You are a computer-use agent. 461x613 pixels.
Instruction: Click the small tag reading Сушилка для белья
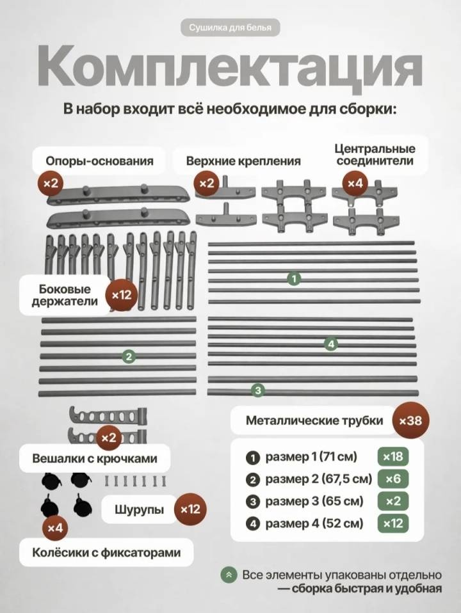point(230,28)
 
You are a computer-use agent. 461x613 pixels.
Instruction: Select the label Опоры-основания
point(99,161)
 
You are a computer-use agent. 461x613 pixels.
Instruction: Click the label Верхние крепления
point(243,161)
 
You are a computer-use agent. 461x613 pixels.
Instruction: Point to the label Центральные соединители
point(375,154)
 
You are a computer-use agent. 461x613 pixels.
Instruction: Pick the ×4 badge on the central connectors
point(355,182)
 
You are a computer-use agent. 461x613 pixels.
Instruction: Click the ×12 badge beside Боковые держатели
point(122,295)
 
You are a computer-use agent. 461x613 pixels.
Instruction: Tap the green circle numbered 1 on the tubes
point(294,279)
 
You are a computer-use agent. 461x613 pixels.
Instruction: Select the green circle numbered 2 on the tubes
point(129,356)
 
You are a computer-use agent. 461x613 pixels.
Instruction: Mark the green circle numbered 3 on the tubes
point(257,390)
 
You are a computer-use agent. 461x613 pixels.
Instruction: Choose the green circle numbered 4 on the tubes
point(331,344)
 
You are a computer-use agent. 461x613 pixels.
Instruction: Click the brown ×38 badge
point(410,420)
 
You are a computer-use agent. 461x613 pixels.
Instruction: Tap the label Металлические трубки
point(314,420)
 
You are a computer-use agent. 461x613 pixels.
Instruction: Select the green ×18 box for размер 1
point(393,456)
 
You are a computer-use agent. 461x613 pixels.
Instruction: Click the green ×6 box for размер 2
point(393,479)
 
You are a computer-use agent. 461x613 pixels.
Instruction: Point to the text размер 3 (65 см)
point(314,501)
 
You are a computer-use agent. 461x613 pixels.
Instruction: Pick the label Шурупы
point(139,509)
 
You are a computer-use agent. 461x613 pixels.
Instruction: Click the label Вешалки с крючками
point(95,458)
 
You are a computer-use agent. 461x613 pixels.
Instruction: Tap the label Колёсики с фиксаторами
point(106,552)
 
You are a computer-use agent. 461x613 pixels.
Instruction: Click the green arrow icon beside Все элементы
point(229,575)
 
